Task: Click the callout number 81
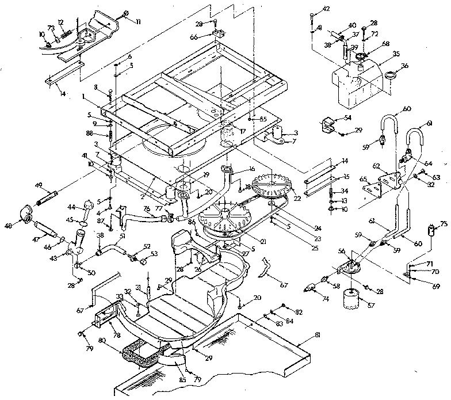(x=318, y=335)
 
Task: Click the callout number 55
(x=263, y=119)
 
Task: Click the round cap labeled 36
(x=391, y=75)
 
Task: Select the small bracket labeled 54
(x=330, y=124)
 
